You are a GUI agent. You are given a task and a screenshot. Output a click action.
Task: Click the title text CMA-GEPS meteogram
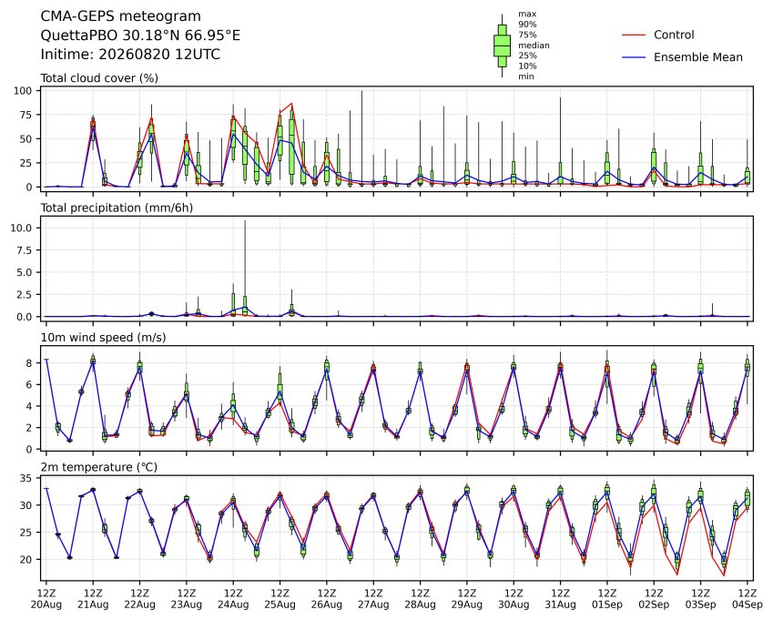(x=120, y=16)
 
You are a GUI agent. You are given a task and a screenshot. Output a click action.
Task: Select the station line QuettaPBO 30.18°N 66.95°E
(x=140, y=36)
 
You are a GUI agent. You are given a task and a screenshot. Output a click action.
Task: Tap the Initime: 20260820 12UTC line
(x=130, y=55)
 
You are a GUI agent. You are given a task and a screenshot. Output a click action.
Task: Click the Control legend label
(x=674, y=35)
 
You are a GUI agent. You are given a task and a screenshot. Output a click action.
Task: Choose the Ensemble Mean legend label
(x=698, y=57)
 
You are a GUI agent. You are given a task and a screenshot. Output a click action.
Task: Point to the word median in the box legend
(x=534, y=46)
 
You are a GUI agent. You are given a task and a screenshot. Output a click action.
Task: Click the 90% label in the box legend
(x=527, y=25)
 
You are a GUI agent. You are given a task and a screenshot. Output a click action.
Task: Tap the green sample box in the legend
(x=502, y=46)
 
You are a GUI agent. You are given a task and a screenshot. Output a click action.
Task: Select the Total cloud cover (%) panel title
(x=99, y=78)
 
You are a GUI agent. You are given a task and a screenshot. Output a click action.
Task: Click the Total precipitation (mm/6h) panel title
(x=117, y=208)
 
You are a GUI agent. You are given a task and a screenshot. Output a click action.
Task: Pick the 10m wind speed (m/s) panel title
(x=103, y=338)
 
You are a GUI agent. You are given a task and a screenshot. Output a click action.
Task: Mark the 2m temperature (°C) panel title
(x=98, y=467)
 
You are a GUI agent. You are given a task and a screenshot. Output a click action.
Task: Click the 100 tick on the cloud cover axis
(x=23, y=91)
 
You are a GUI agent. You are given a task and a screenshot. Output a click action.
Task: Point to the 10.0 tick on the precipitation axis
(x=21, y=229)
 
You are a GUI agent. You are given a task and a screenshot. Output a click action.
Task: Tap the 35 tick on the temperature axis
(x=26, y=479)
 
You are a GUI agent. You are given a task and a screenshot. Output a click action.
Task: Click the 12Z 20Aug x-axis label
(x=46, y=599)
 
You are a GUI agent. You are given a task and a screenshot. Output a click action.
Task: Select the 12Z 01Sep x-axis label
(x=607, y=599)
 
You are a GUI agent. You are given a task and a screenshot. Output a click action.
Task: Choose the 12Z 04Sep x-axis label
(x=748, y=599)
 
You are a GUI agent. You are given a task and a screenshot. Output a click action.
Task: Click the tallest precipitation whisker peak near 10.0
(x=245, y=221)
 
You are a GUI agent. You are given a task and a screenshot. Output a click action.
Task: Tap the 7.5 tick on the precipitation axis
(x=24, y=250)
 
